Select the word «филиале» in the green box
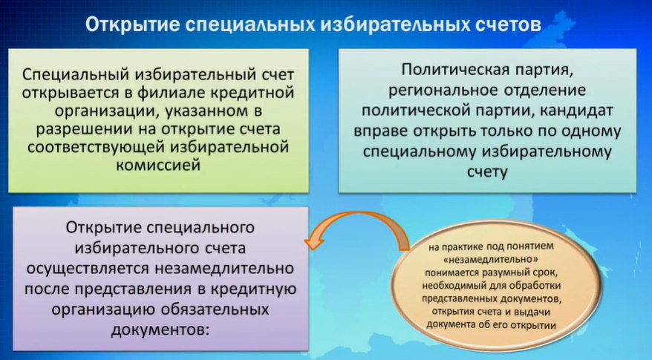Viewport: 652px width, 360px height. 172,92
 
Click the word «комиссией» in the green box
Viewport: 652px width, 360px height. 158,165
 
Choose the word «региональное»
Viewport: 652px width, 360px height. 443,91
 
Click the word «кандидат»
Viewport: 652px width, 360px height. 577,110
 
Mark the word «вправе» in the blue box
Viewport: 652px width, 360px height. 380,131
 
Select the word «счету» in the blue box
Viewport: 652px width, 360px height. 487,171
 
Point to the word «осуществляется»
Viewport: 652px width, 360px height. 87,268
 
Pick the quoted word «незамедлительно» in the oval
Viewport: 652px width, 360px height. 491,259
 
